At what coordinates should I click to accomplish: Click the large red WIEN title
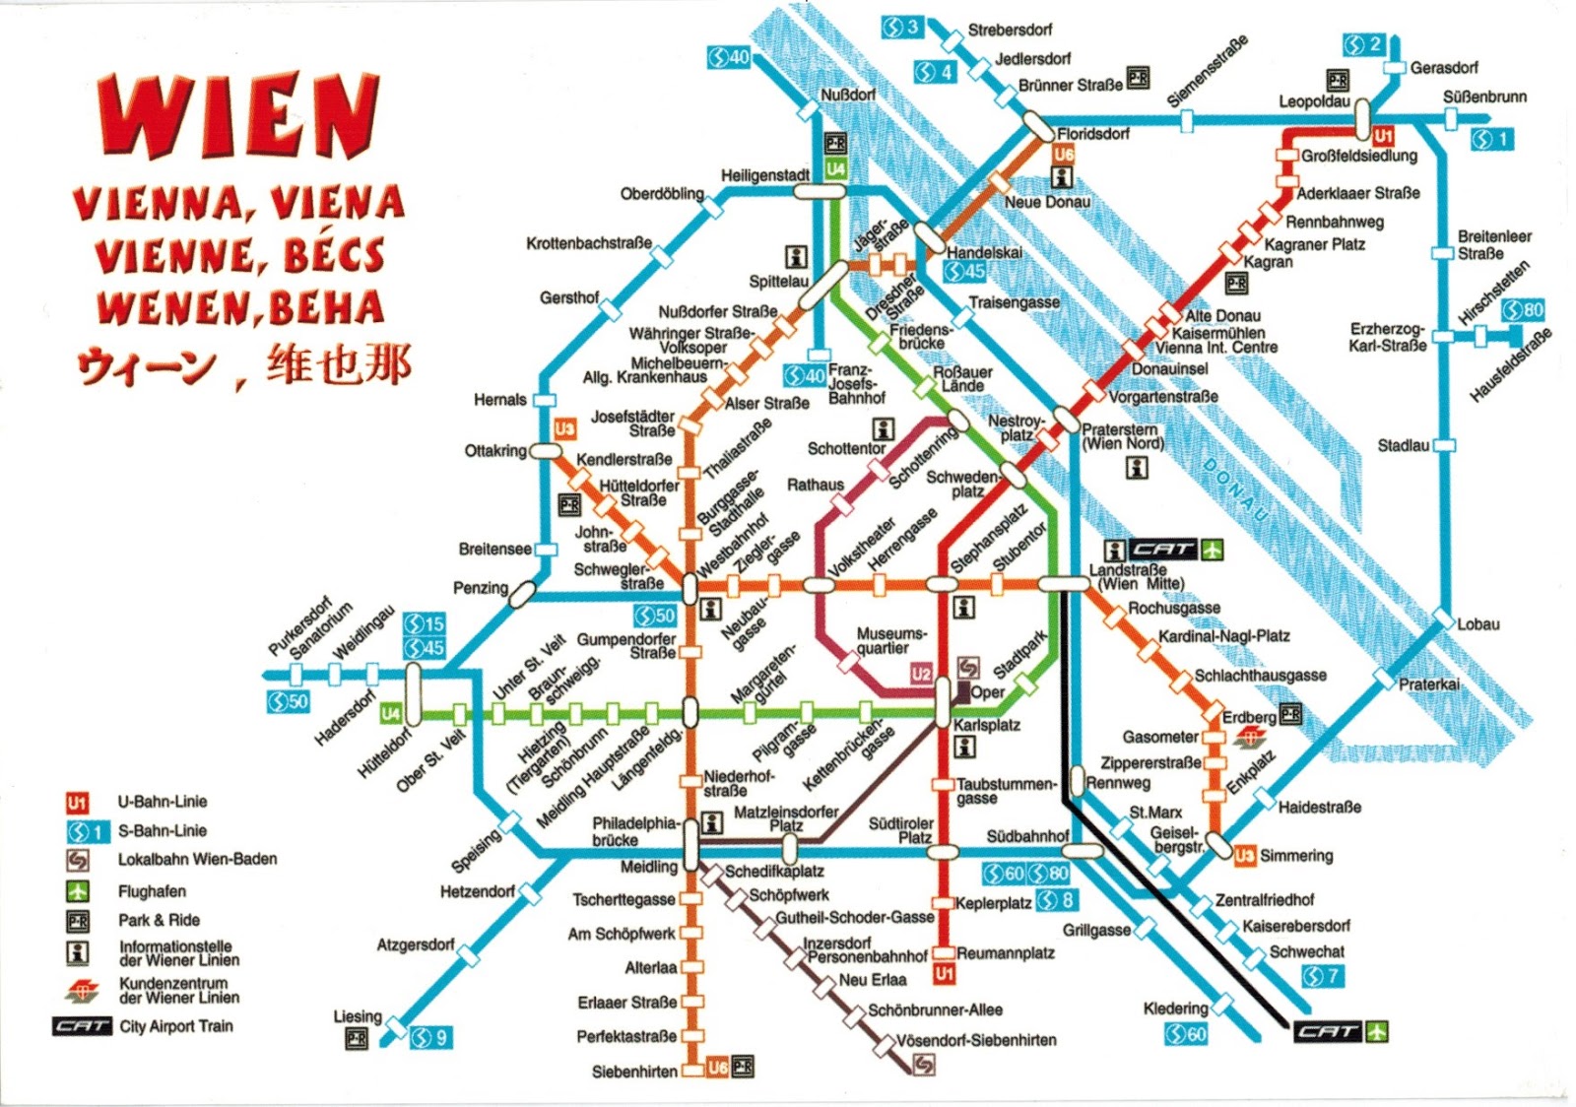click(239, 115)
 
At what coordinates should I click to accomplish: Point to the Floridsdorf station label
click(1093, 134)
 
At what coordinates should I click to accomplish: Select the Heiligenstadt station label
click(764, 175)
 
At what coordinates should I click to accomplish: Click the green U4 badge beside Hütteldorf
click(391, 713)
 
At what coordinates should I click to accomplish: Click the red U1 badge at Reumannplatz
click(944, 974)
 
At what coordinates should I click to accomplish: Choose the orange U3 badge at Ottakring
click(564, 428)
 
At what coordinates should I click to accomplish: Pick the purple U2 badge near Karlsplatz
click(921, 674)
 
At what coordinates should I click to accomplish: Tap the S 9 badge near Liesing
click(430, 1037)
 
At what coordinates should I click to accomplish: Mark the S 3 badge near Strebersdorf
click(901, 28)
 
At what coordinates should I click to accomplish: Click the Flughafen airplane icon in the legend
click(78, 891)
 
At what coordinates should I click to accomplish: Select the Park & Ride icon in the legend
click(78, 921)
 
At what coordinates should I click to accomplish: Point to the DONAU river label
click(1235, 488)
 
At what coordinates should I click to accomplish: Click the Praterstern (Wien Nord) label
click(1123, 437)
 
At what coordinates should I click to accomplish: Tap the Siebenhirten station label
click(634, 1071)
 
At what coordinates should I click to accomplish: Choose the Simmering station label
click(1296, 856)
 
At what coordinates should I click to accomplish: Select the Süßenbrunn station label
click(1484, 97)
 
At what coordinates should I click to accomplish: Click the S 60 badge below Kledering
click(1186, 1034)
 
